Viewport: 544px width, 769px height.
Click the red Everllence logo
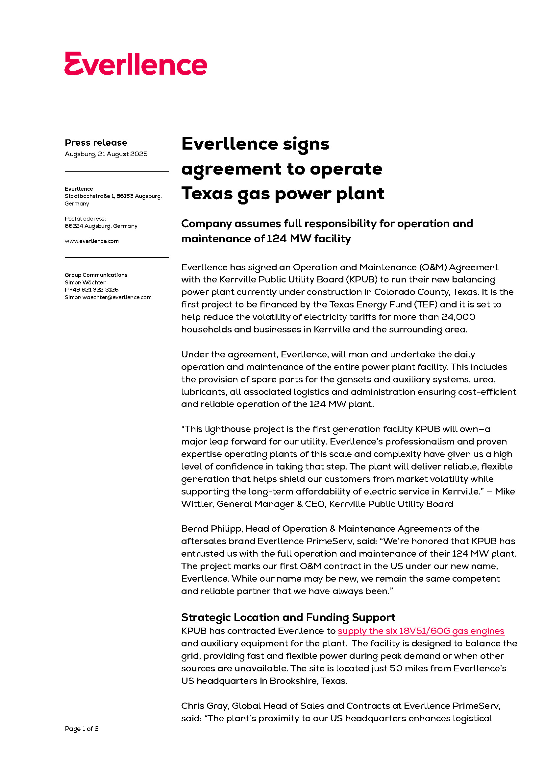(136, 64)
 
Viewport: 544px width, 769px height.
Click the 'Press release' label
(96, 143)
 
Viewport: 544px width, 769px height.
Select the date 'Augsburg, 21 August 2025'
(106, 154)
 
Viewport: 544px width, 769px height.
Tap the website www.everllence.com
(91, 241)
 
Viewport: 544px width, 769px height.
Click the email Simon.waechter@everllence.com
(108, 298)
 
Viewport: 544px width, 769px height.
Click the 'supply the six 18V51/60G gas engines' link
(421, 631)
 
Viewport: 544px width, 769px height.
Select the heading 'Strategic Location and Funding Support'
(288, 617)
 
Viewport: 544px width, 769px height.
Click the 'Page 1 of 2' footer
(81, 729)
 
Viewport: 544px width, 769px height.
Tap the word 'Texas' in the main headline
(207, 194)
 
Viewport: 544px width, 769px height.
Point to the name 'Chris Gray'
(205, 706)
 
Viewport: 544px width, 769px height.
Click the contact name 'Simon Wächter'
(85, 282)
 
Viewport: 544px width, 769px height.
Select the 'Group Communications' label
(96, 275)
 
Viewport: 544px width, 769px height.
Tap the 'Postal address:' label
(85, 219)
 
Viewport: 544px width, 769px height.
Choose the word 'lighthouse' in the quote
(228, 429)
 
